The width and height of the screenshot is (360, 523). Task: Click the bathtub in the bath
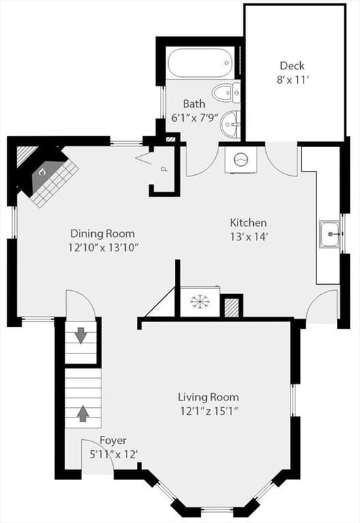point(200,63)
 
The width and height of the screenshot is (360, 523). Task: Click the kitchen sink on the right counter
point(330,234)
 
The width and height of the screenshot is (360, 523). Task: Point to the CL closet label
point(164,169)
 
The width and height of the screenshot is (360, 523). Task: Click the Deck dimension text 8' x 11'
point(292,80)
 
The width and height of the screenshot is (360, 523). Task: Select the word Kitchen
point(248,223)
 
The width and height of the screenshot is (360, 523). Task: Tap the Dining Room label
point(103,233)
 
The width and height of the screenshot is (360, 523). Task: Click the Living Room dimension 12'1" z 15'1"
point(210,411)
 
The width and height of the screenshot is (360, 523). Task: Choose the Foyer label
point(113,441)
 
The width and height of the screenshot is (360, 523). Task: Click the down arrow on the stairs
point(81,335)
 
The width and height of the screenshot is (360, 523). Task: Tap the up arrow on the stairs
point(83,413)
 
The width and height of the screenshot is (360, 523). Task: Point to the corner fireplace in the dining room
point(47,175)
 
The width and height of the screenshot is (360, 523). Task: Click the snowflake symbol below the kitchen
point(200,302)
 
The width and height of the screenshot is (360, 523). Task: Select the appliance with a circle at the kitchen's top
point(241,160)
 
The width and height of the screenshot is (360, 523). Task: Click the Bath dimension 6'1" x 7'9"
point(195,118)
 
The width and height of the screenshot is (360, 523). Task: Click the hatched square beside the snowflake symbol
point(231,308)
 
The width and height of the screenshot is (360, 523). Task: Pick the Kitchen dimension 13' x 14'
point(249,237)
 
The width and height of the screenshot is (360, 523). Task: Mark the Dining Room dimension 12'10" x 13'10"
point(103,247)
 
